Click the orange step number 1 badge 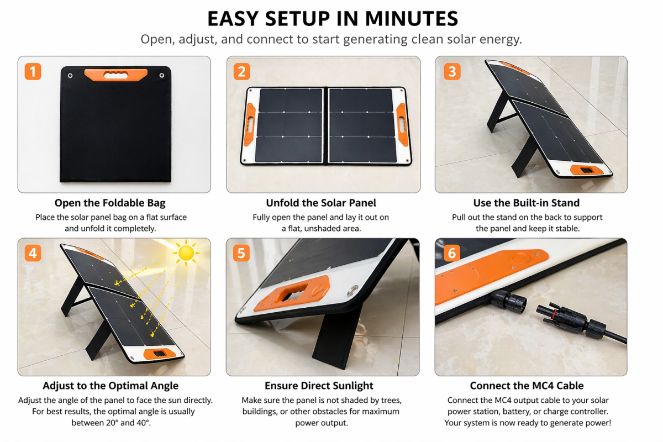point(33,71)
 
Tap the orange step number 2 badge point(242,71)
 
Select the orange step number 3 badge point(452,71)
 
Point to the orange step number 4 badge point(33,253)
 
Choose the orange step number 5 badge point(241,253)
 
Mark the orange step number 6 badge point(452,253)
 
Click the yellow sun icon point(186,253)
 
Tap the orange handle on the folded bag point(115,75)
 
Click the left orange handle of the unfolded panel point(250,125)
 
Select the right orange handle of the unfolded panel point(402,125)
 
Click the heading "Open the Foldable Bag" point(110,203)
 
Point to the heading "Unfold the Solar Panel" point(321,203)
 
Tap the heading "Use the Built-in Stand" point(526,203)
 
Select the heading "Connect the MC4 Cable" point(527,386)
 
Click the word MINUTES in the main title point(412,19)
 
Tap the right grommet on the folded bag point(162,76)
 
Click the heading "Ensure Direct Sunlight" point(319,386)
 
